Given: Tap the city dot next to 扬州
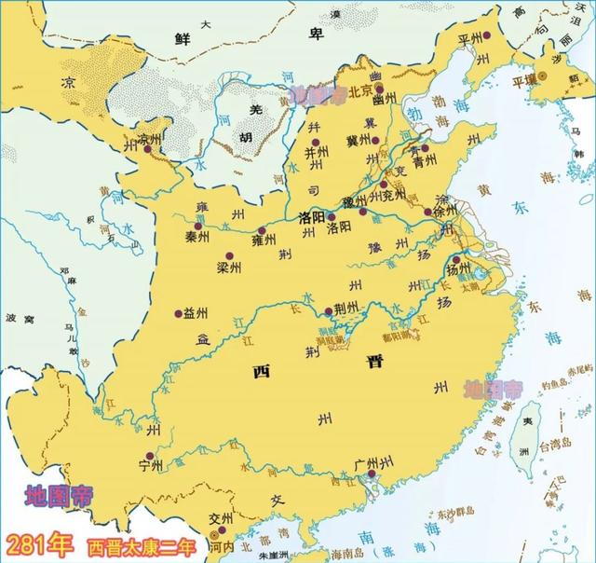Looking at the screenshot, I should click(x=455, y=260).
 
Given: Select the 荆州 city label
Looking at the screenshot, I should click(x=346, y=312).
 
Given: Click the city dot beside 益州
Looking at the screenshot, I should click(x=177, y=313).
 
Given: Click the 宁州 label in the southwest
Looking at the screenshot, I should click(x=150, y=464).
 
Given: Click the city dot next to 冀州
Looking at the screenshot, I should click(x=374, y=141).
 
